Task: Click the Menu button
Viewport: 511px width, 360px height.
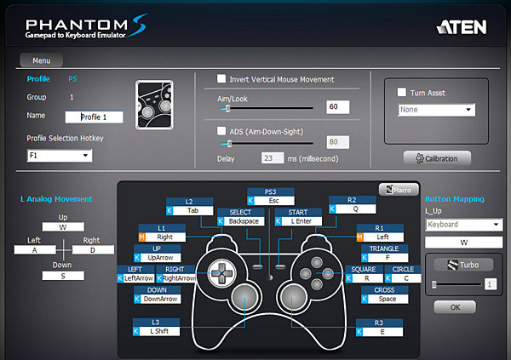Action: click(42, 61)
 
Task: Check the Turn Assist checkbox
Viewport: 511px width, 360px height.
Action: click(403, 93)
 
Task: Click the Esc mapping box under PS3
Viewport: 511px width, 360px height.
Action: click(273, 201)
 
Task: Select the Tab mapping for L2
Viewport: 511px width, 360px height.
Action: click(193, 209)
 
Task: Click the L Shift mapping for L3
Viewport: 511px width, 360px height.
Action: click(160, 331)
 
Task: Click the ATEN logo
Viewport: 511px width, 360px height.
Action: click(461, 26)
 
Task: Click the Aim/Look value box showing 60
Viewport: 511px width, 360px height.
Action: click(337, 107)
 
